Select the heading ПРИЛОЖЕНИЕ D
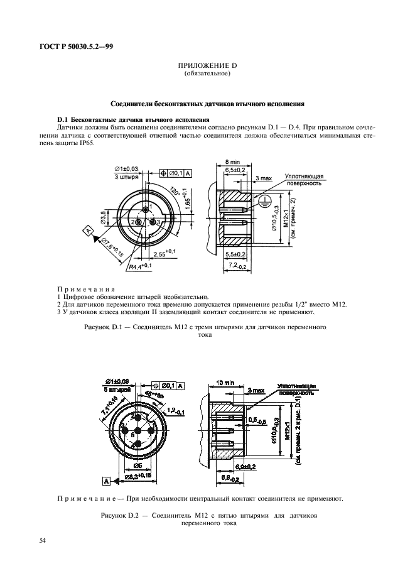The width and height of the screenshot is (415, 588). pos(207,67)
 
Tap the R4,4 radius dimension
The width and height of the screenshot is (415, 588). pos(141,266)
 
